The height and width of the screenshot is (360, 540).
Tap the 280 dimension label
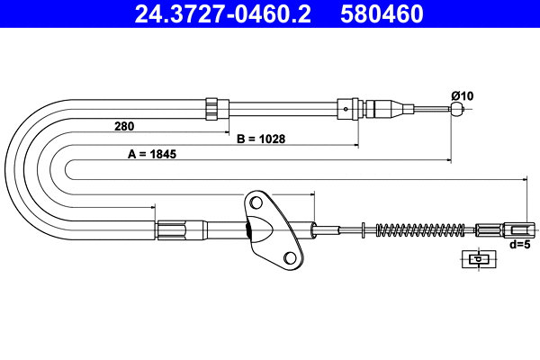[x=126, y=126]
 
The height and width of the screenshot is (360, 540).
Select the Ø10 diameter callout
[x=463, y=95]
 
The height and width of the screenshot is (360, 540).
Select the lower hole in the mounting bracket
[x=291, y=258]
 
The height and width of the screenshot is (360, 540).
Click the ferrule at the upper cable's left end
[x=212, y=109]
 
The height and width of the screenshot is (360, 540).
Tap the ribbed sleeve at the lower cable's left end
[x=173, y=229]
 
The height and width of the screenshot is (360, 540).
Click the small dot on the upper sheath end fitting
[x=346, y=110]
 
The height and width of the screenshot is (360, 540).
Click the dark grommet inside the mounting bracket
[x=250, y=232]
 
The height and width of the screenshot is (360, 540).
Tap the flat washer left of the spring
[x=362, y=229]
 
